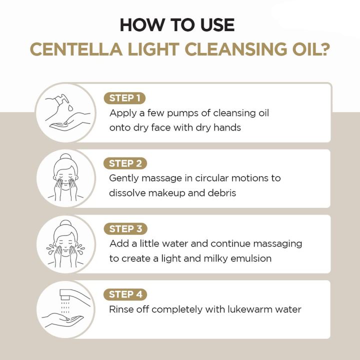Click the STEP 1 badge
coord(124,97)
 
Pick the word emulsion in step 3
coord(248,258)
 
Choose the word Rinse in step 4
coord(121,309)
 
